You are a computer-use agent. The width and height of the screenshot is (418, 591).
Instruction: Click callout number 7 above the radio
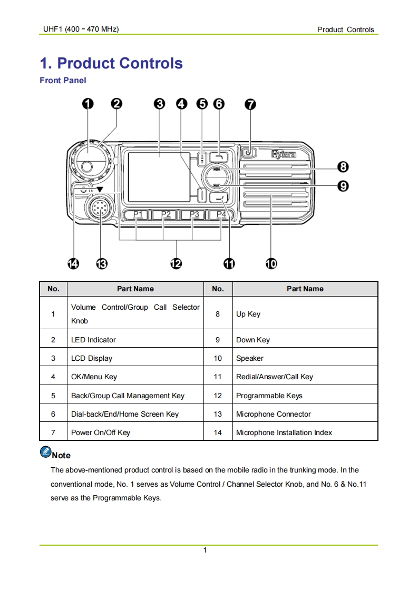tap(250, 104)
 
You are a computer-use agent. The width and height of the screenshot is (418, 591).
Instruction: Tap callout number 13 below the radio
tap(101, 263)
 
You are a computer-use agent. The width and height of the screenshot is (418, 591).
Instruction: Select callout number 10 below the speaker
tap(270, 263)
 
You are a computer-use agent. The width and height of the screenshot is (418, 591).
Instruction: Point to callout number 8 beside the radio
tap(343, 168)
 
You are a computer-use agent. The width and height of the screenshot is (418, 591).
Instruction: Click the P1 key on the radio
tap(138, 214)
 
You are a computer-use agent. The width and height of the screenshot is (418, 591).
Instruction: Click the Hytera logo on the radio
tap(283, 154)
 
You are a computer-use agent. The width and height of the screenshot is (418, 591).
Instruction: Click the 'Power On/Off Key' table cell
tap(101, 432)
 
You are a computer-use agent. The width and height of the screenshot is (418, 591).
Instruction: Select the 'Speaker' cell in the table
tap(250, 358)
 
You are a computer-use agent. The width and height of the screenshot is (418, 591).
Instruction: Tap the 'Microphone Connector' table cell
tap(274, 414)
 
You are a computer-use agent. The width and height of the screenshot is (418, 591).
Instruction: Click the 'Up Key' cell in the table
tap(248, 314)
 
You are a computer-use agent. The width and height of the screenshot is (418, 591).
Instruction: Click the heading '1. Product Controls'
tap(111, 63)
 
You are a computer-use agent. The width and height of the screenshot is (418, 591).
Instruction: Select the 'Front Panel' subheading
tap(63, 81)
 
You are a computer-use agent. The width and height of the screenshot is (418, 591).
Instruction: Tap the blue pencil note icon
tap(45, 452)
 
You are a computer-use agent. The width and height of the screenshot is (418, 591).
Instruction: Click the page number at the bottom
tap(205, 550)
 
